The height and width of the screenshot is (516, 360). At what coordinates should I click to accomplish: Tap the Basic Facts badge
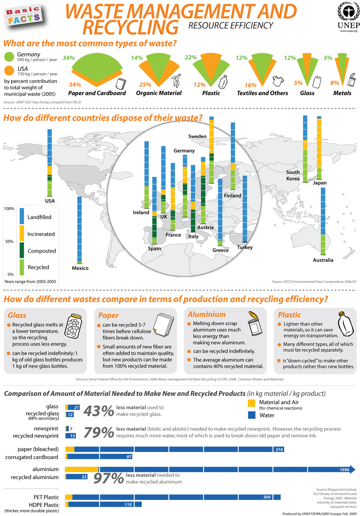coord(23,15)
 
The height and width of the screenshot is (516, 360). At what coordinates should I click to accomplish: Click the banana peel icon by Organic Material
coord(176,80)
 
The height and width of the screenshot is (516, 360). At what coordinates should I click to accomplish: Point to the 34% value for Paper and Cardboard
coord(68,58)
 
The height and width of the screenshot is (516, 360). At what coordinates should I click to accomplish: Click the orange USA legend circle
coord(9,71)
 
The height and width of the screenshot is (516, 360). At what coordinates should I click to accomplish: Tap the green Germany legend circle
coord(9,56)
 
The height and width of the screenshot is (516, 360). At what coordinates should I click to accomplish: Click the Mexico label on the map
coord(80,268)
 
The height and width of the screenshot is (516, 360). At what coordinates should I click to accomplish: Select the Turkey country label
coord(245,247)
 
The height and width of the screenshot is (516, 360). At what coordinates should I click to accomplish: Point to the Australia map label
coord(323,260)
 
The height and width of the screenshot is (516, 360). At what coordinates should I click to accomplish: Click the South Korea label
coord(293,175)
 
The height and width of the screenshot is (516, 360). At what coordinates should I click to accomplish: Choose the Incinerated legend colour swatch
coord(22,233)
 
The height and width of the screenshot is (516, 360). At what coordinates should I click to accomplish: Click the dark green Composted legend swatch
coord(22,250)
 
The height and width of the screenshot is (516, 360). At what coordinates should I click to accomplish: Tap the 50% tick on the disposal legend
coord(9,241)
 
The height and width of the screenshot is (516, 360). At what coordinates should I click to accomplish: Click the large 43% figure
coord(98,411)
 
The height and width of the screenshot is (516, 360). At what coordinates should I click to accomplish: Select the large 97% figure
coord(108,478)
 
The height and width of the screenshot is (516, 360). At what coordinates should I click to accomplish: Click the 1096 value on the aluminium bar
coord(344,470)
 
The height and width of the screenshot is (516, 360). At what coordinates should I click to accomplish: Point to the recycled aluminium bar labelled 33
coord(77,477)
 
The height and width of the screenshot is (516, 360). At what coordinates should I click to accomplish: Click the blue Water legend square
coord(252,415)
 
